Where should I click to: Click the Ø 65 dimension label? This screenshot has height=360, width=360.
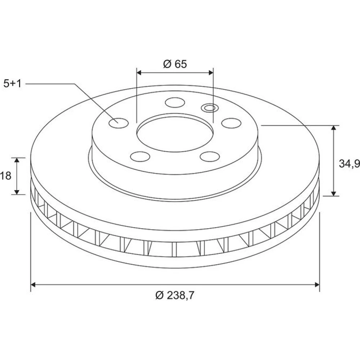(175, 64)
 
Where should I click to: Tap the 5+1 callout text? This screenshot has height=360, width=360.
(12, 84)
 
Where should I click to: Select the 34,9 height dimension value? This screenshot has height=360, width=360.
(349, 163)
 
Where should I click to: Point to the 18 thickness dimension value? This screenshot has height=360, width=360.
(5, 176)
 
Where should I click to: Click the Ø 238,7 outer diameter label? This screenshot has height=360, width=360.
(175, 295)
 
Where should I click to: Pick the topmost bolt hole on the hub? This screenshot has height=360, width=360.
(175, 102)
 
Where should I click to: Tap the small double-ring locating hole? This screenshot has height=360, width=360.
(210, 107)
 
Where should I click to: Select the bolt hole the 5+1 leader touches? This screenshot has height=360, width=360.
(118, 123)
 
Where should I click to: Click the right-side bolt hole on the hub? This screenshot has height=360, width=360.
(231, 123)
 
